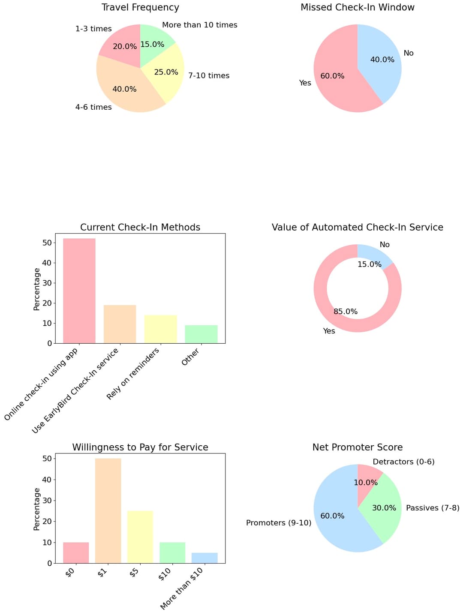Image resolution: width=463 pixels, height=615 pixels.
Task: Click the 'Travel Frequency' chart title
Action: pyautogui.click(x=140, y=8)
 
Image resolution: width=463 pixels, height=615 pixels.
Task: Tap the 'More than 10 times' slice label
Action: pyautogui.click(x=199, y=25)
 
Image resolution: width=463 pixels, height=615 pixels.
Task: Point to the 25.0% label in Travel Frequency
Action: pyautogui.click(x=166, y=72)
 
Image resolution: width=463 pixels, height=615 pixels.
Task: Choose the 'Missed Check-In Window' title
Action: pyautogui.click(x=357, y=8)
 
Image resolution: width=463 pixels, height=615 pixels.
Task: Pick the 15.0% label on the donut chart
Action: pyautogui.click(x=369, y=264)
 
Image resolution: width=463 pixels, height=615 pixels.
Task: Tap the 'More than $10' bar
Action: pyautogui.click(x=204, y=558)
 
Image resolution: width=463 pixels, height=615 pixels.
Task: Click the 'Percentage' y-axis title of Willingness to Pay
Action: pyautogui.click(x=37, y=509)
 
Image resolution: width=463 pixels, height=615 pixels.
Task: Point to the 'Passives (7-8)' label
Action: pyautogui.click(x=432, y=508)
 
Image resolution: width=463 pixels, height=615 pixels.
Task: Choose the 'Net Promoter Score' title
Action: pyautogui.click(x=357, y=447)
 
